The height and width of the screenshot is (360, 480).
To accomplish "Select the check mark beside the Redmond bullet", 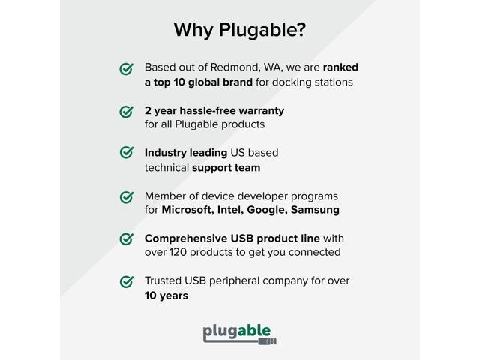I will point(127,69).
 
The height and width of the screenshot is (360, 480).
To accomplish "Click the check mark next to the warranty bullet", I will point(127,112).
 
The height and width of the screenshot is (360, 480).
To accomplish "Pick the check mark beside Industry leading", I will point(127,153).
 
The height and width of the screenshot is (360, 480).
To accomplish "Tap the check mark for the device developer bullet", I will point(127,196).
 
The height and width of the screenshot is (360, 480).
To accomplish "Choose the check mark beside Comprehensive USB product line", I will point(127,239).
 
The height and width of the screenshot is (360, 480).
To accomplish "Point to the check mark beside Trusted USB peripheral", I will point(127,282).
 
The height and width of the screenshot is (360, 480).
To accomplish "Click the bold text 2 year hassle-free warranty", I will point(214,110).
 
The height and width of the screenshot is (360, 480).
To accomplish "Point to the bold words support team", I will point(226,167).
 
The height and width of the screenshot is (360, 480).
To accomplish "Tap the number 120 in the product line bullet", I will point(180,252).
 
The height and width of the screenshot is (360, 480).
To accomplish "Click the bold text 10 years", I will point(166,295).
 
